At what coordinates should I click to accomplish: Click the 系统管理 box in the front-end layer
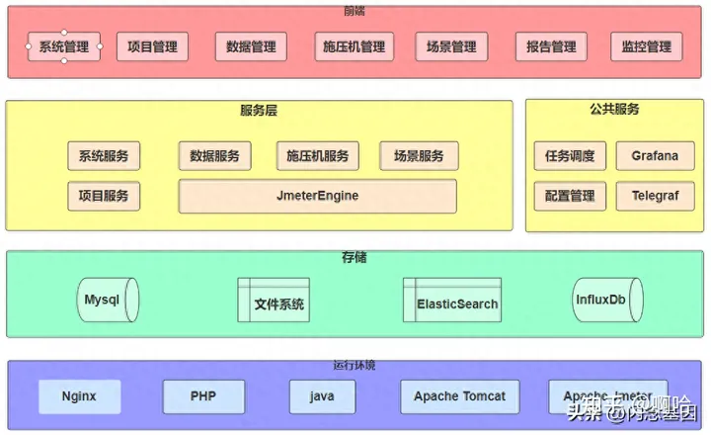[64, 46]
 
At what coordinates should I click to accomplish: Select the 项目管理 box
[153, 46]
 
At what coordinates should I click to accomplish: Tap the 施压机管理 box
[354, 46]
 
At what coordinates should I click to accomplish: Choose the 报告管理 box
[551, 46]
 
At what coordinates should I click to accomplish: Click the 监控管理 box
[647, 46]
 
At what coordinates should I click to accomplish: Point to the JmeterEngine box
[317, 196]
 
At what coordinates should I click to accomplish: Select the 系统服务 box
[104, 156]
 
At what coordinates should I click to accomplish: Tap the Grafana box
[655, 156]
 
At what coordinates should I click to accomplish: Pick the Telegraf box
[655, 196]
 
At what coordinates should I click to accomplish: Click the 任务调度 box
[570, 156]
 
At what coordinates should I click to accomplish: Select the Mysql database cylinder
[108, 300]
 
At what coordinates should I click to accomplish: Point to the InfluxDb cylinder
[607, 300]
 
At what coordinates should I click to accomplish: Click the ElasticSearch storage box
[452, 301]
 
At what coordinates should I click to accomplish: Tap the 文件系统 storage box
[274, 301]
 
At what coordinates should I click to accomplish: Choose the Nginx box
[79, 396]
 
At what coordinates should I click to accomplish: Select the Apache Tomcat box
[459, 396]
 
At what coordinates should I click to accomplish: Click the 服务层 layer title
[259, 111]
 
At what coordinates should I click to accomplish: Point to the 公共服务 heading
[614, 110]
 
